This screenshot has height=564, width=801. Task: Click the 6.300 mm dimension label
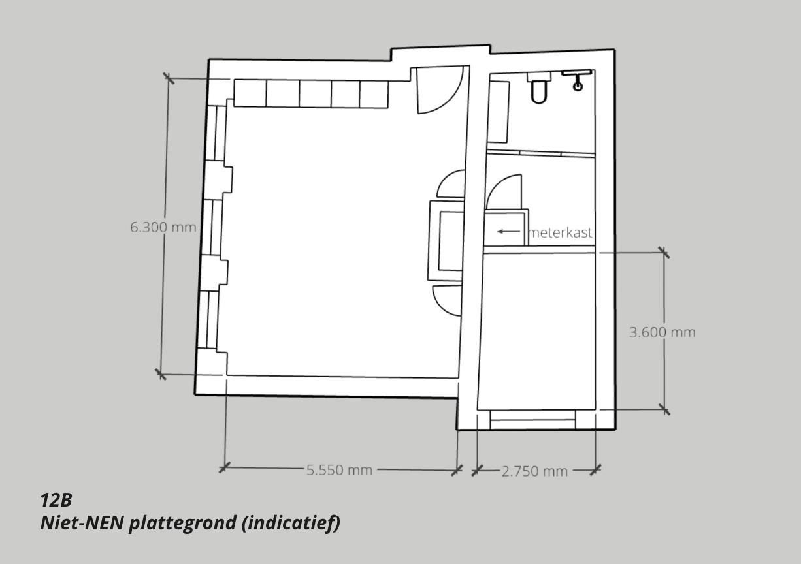pyautogui.click(x=163, y=227)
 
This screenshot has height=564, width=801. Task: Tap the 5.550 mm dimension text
pyautogui.click(x=339, y=470)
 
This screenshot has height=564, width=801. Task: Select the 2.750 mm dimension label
pyautogui.click(x=534, y=471)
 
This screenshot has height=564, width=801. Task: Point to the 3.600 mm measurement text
pyautogui.click(x=662, y=332)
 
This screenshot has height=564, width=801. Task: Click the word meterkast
pyautogui.click(x=561, y=232)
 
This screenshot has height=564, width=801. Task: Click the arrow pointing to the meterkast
pyautogui.click(x=509, y=232)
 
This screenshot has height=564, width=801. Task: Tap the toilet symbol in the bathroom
pyautogui.click(x=539, y=87)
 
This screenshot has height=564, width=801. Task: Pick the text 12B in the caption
pyautogui.click(x=56, y=500)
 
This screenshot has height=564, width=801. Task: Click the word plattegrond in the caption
pyautogui.click(x=182, y=524)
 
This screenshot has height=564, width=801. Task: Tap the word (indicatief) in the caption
pyautogui.click(x=291, y=524)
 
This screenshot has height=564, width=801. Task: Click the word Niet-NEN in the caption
pyautogui.click(x=82, y=523)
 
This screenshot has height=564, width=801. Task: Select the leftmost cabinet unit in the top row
pyautogui.click(x=250, y=93)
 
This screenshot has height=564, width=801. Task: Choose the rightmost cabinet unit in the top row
pyautogui.click(x=374, y=94)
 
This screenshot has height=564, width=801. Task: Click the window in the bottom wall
pyautogui.click(x=533, y=419)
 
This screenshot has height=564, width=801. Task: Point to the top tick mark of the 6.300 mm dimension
pyautogui.click(x=169, y=78)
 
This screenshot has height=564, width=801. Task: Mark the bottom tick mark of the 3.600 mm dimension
pyautogui.click(x=664, y=410)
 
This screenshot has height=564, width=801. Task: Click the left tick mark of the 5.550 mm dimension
pyautogui.click(x=225, y=467)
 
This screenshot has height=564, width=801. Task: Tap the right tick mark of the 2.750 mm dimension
pyautogui.click(x=595, y=470)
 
